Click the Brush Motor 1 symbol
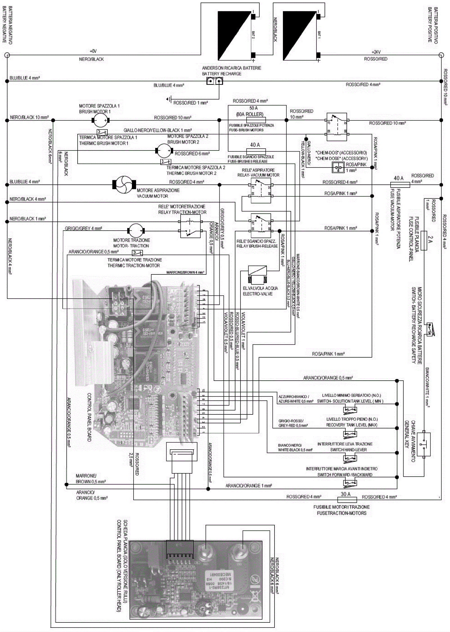100,120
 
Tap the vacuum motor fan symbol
124,185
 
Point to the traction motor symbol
136,231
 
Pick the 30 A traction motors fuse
347,500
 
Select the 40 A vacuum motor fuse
400,185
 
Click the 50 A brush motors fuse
256,120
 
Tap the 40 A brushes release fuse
256,151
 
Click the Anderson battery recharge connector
215,81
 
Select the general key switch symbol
424,444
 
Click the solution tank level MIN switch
350,409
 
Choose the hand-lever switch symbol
350,458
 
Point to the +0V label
93,51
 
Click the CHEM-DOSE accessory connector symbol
338,168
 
